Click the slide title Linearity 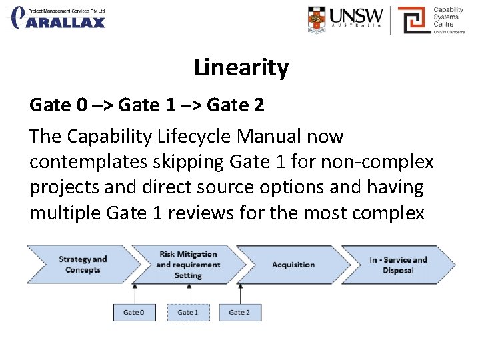pyautogui.click(x=241, y=67)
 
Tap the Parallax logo pyautogui.click(x=59, y=17)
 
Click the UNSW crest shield pyautogui.click(x=318, y=20)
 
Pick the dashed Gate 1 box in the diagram pyautogui.click(x=187, y=312)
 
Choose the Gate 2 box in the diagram pyautogui.click(x=239, y=312)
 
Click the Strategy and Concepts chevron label pyautogui.click(x=83, y=265)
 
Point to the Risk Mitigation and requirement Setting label pyautogui.click(x=187, y=265)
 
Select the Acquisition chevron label pyautogui.click(x=293, y=265)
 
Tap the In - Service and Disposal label pyautogui.click(x=398, y=265)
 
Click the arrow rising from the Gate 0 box pyautogui.click(x=135, y=293)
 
